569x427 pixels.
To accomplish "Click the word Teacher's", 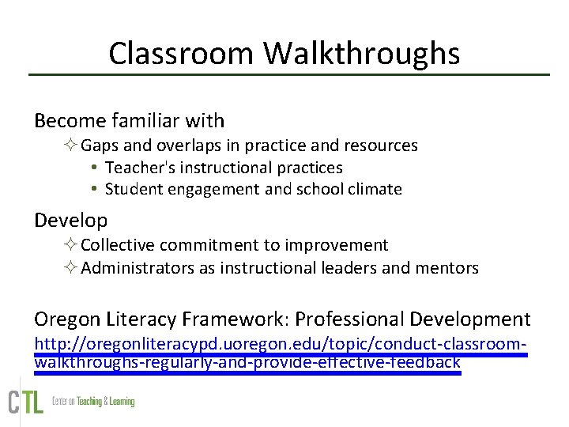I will pos(135,168).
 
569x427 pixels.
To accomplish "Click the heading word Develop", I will pos(70,220).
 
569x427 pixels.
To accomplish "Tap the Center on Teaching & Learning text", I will pos(93,402).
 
